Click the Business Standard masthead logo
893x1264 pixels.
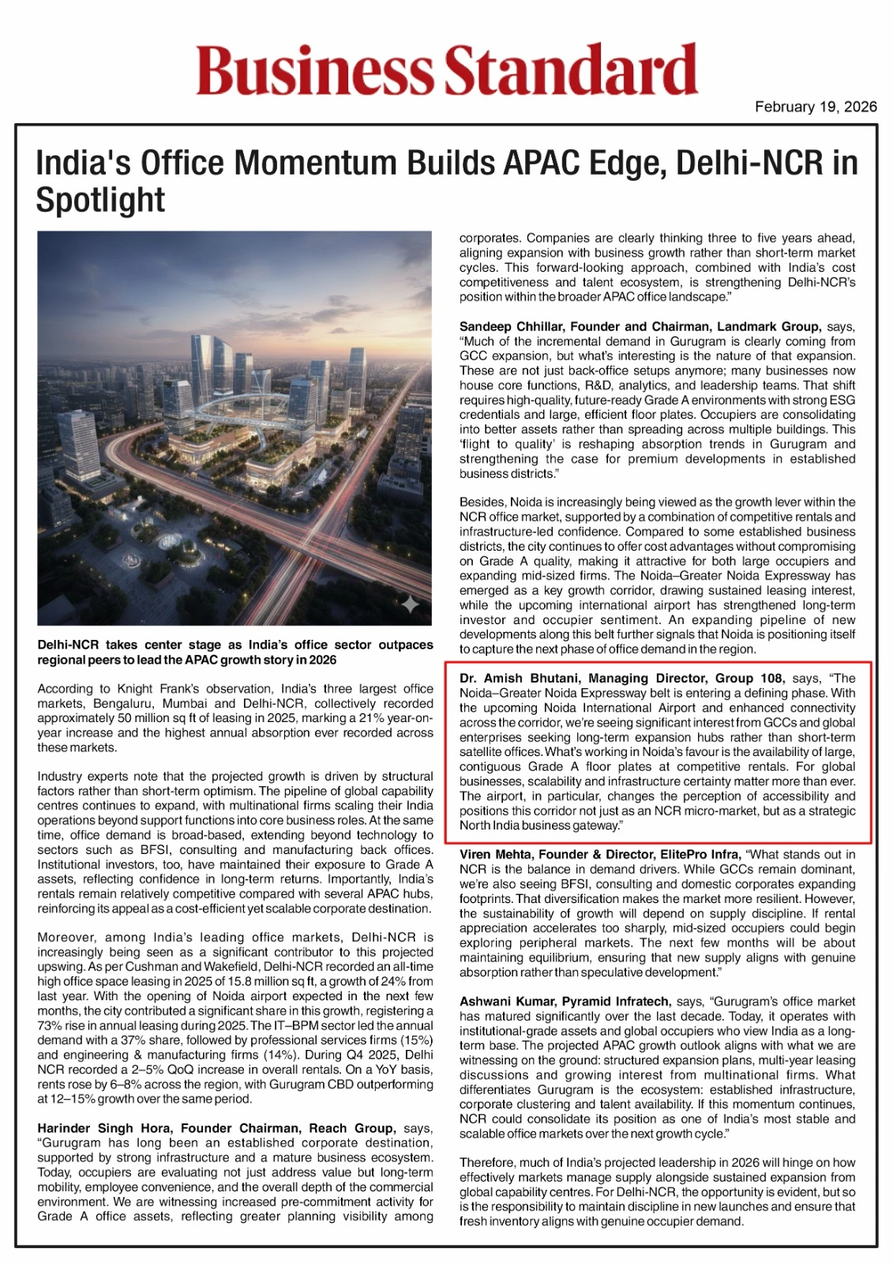coord(447,70)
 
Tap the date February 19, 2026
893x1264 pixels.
coord(815,107)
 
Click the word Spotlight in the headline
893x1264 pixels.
coord(100,200)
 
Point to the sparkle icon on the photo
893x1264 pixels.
coord(411,605)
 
